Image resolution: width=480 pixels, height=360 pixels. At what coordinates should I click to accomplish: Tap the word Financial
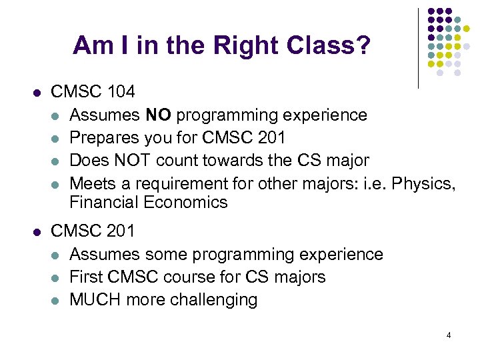101,202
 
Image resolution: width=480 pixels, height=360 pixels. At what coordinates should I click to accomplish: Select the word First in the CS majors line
87,277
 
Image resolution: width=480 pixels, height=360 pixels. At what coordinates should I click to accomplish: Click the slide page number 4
449,335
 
